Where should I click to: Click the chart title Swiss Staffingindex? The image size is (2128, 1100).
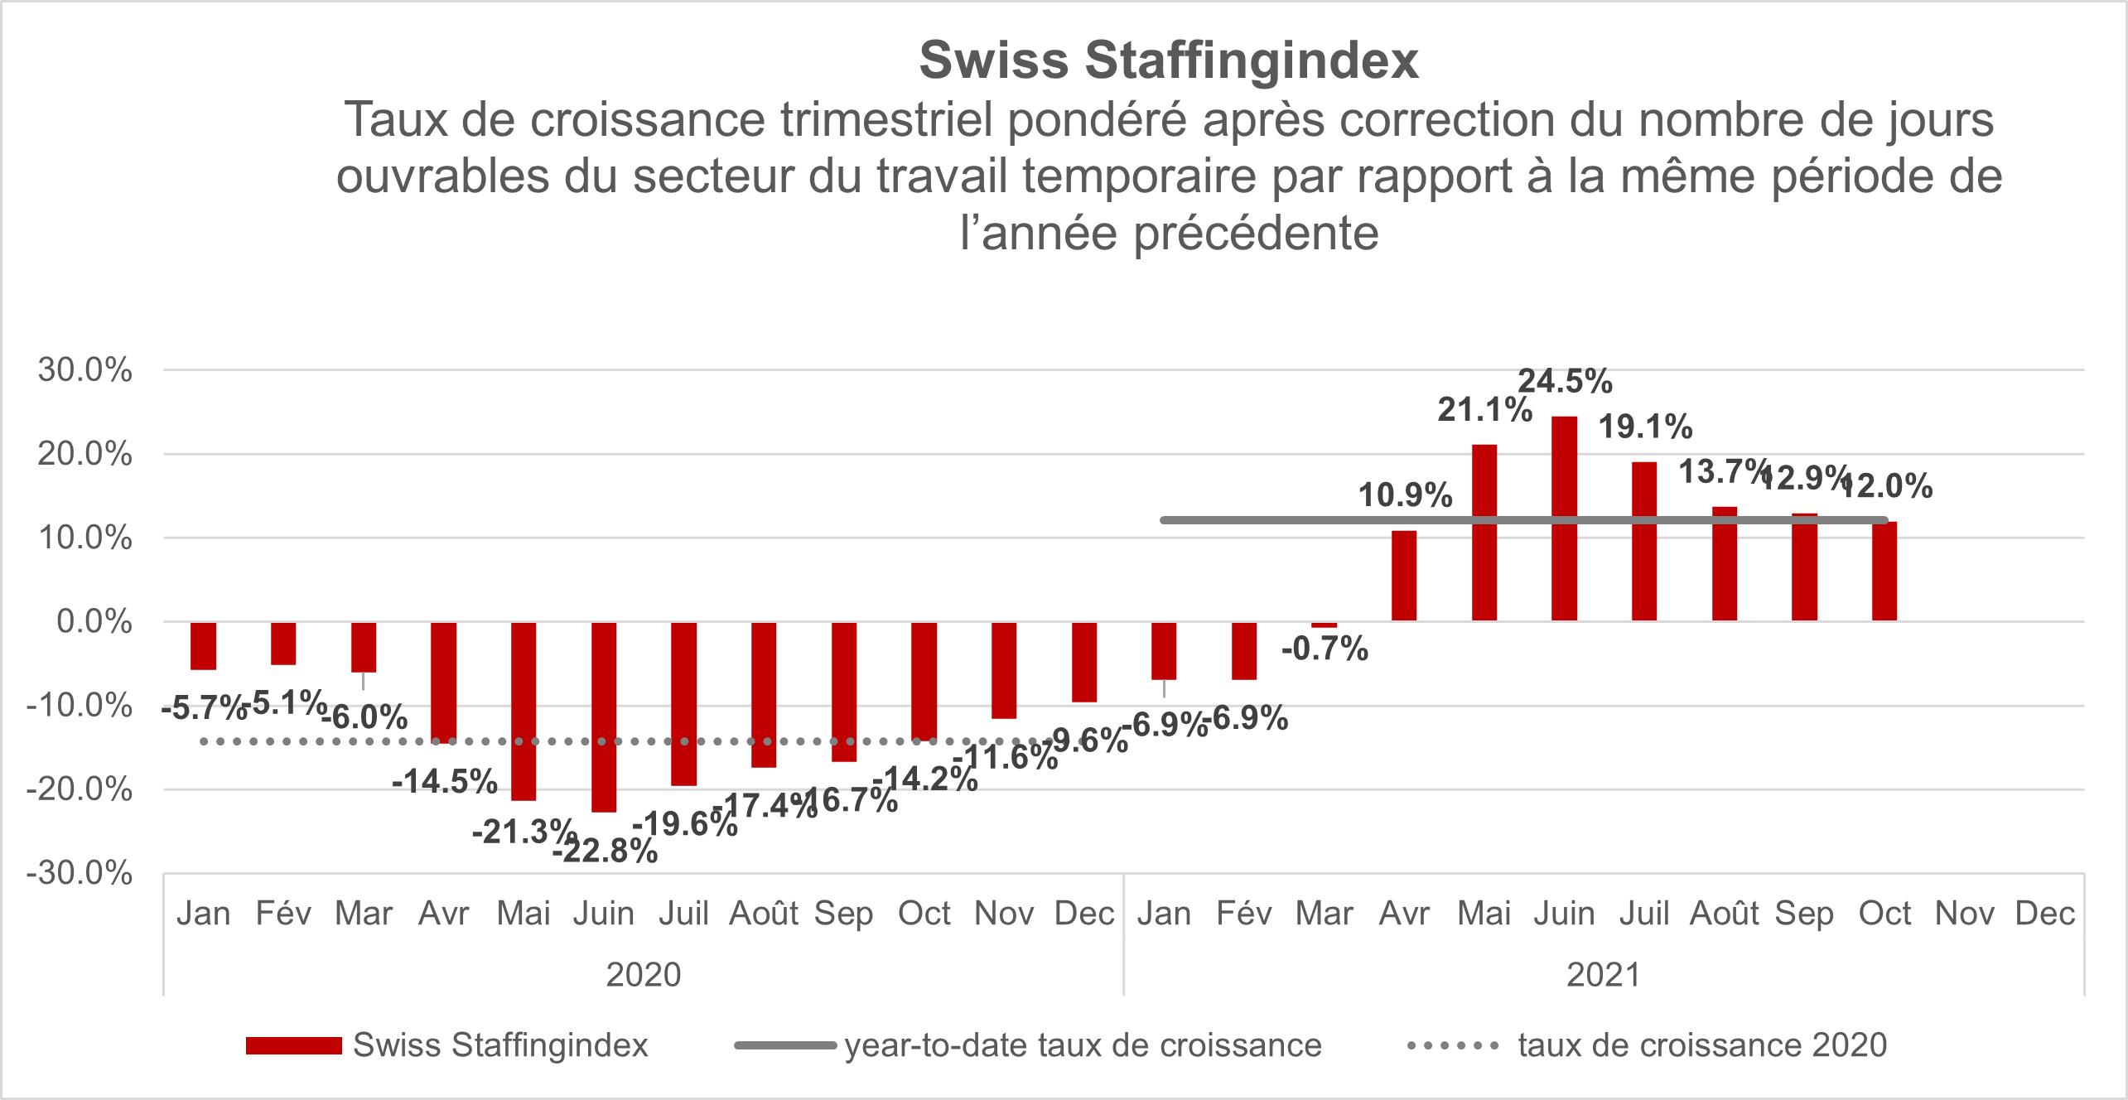click(x=1169, y=60)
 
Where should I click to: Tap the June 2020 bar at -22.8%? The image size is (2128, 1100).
click(x=604, y=716)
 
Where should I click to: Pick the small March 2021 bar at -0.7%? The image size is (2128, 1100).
click(x=1324, y=625)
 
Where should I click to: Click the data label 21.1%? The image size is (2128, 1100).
click(x=1484, y=410)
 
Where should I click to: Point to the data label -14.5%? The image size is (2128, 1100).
click(x=445, y=781)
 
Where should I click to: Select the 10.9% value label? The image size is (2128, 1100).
click(x=1405, y=495)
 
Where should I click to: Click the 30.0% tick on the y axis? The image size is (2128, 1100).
click(x=84, y=369)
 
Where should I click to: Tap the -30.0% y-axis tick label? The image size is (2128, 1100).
click(x=80, y=873)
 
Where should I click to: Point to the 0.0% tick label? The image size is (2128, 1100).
click(x=94, y=621)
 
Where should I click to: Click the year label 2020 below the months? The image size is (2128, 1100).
click(x=644, y=975)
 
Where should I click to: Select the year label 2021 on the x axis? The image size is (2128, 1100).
click(x=1604, y=975)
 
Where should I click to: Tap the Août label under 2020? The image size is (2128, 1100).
click(x=763, y=914)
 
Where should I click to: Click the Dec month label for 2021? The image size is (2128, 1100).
click(x=2044, y=914)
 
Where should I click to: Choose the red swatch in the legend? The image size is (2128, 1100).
click(x=293, y=1046)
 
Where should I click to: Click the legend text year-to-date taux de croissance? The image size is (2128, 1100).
click(x=1083, y=1046)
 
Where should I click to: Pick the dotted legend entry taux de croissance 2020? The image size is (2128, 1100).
click(x=1702, y=1046)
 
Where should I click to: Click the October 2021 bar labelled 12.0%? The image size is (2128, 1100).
click(x=1884, y=572)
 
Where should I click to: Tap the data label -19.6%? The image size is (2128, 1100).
click(x=685, y=824)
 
